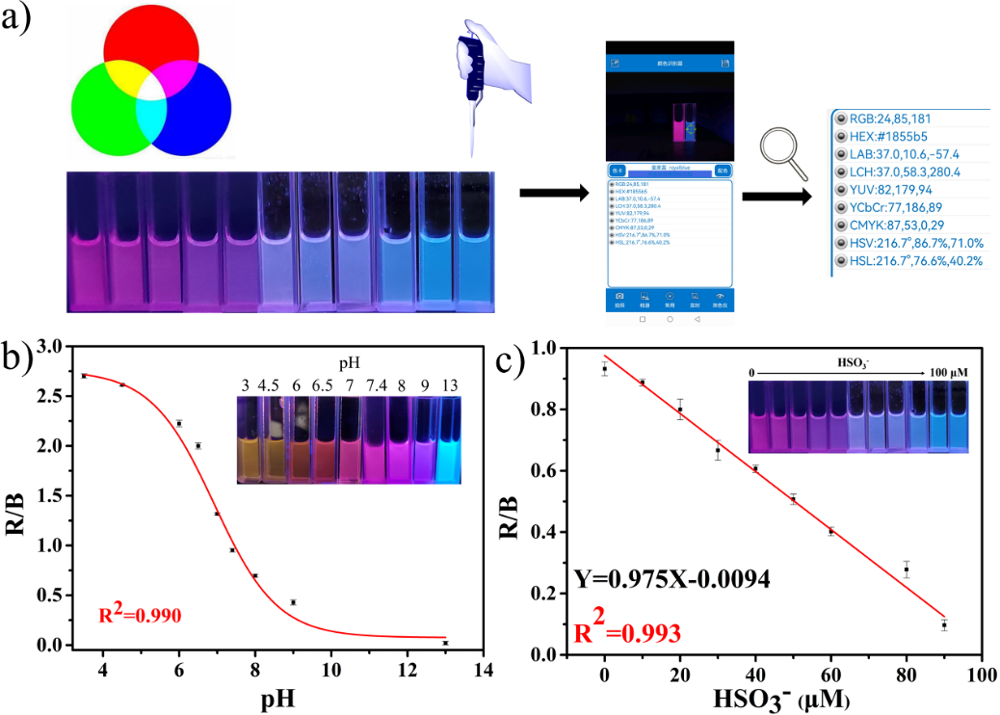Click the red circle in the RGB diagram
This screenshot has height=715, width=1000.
[x=150, y=48]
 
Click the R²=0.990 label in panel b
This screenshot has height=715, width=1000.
[x=141, y=613]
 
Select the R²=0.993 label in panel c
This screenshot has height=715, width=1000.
[x=629, y=632]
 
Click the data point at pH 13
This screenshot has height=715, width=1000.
[x=445, y=643]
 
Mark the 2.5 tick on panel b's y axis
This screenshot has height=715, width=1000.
[x=56, y=396]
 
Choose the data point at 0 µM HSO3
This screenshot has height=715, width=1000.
[x=604, y=369]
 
